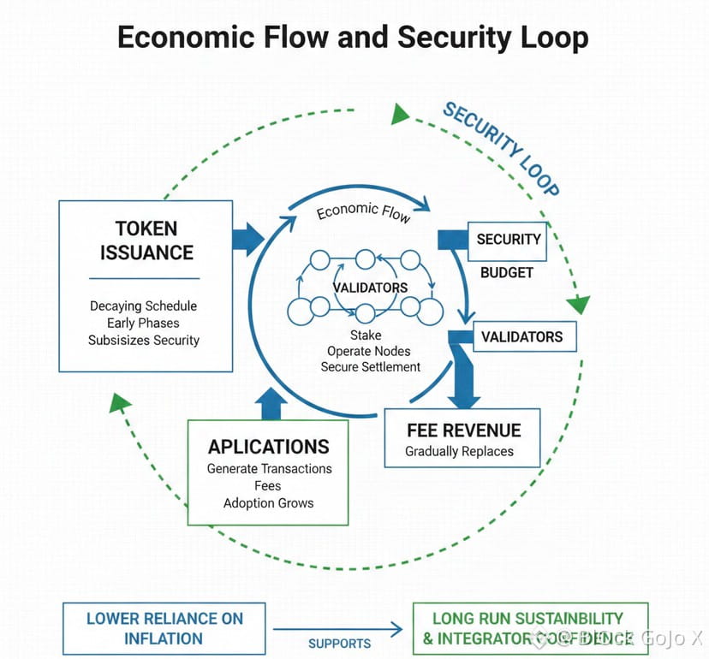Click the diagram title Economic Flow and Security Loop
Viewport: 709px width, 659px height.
tap(353, 39)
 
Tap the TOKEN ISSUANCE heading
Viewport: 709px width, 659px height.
tap(146, 240)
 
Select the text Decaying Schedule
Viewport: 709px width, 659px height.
tap(143, 306)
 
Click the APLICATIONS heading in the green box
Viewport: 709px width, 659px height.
tap(268, 446)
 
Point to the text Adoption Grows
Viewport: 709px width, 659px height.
tap(268, 502)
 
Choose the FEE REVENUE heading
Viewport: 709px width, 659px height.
tap(463, 430)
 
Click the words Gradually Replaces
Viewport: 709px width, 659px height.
tap(459, 451)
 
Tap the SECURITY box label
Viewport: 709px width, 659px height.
tap(509, 240)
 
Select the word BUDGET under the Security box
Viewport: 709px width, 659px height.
tap(507, 272)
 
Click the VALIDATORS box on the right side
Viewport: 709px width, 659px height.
tap(521, 336)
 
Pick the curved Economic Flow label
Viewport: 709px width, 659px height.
tap(364, 211)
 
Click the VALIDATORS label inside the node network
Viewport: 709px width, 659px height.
tap(370, 288)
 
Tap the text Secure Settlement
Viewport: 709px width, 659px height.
tap(371, 366)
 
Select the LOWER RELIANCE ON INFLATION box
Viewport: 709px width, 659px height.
tap(164, 628)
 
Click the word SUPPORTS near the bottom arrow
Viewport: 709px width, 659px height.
tap(340, 643)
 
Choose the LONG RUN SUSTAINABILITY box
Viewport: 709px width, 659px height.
tap(529, 627)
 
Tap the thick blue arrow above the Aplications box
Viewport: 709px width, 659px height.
tap(271, 403)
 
